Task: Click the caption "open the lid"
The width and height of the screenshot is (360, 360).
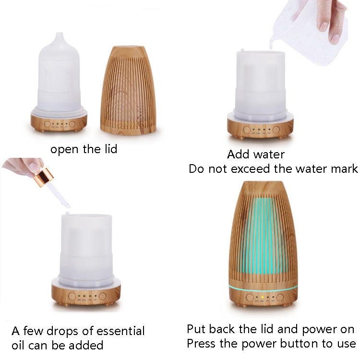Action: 84,149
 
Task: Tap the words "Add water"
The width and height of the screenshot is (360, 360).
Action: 256,155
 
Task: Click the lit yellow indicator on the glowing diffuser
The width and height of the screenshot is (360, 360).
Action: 263,298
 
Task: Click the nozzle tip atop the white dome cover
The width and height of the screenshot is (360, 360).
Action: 59,35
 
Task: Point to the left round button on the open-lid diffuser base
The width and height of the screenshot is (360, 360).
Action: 47,124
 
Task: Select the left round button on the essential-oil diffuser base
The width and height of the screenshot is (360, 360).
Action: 72,296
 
